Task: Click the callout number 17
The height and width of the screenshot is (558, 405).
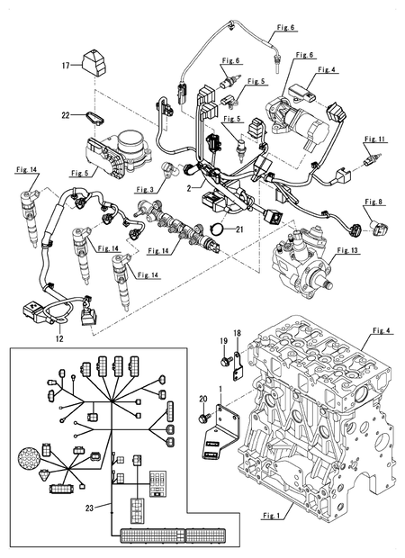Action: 66,66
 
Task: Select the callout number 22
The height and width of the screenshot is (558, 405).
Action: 66,114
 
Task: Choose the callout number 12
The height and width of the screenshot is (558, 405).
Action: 58,339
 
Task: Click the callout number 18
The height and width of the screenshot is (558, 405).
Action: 237,334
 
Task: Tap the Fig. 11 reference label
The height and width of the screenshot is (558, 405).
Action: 375,139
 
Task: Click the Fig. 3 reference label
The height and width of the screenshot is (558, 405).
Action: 145,190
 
